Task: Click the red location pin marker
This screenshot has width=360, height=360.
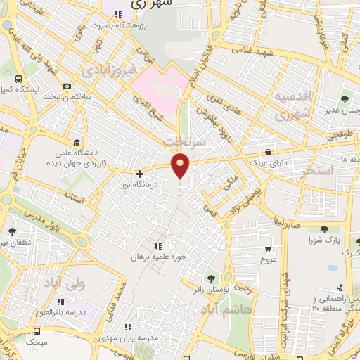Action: [181, 165]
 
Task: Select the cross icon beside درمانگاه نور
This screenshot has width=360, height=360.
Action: [139, 173]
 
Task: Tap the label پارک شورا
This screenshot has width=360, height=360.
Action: [324, 240]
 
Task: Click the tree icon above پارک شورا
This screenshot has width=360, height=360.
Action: [324, 229]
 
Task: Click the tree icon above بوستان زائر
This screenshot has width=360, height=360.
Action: [209, 277]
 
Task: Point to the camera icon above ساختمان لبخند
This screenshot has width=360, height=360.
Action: [67, 86]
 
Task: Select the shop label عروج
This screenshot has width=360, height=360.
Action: [269, 259]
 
